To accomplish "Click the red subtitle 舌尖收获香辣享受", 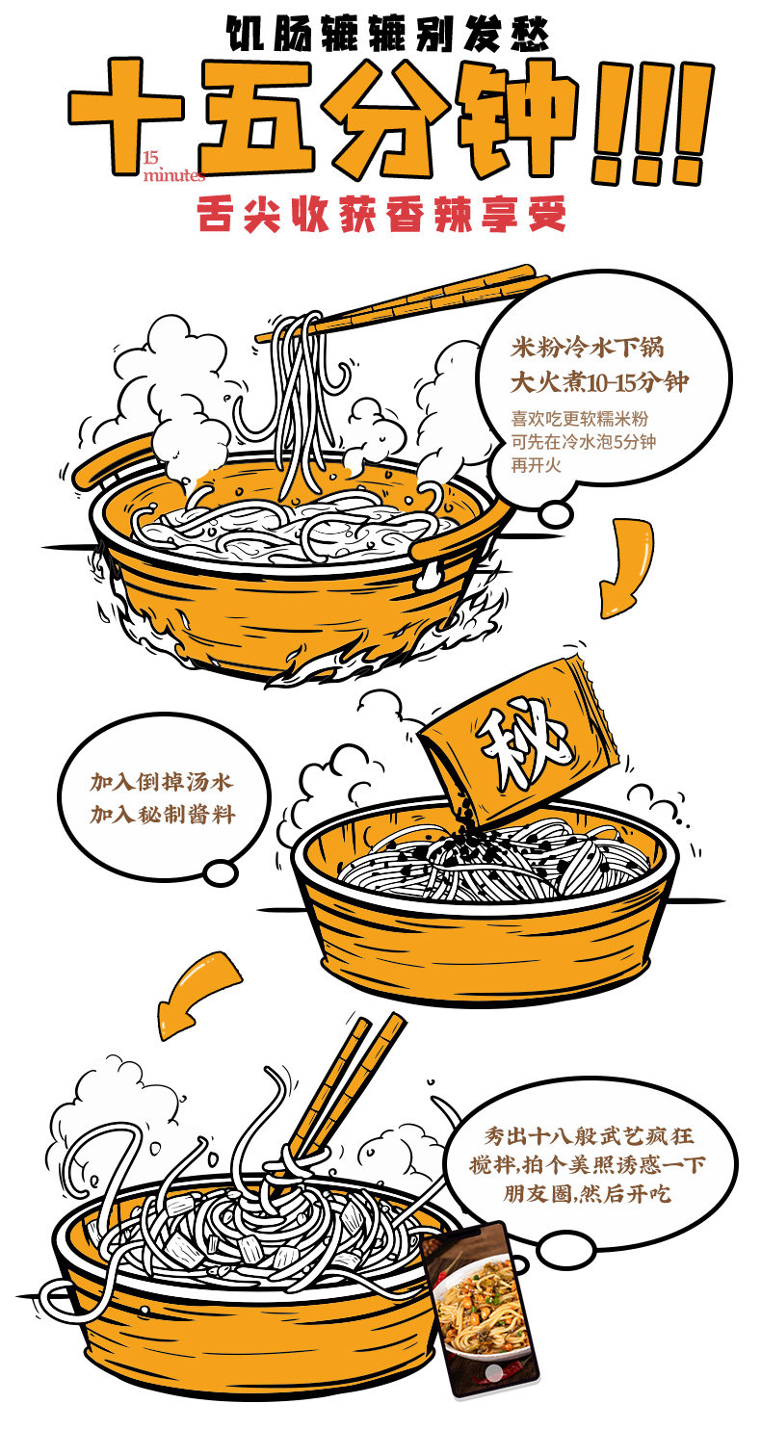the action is pos(381,214).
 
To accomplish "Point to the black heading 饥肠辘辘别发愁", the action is pos(387,33).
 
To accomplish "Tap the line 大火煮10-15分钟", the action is pos(600,382).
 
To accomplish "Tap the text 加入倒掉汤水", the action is pos(162,782).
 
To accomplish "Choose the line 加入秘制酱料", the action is pos(162,815).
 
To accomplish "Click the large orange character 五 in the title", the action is pos(254,118).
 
